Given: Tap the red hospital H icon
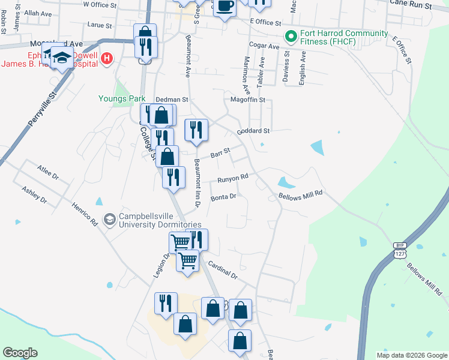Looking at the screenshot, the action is click(x=107, y=58).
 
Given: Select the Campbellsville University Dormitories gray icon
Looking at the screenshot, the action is click(x=110, y=220).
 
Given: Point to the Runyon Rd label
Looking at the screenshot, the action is click(x=232, y=178).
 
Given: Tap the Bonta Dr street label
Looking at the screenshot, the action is click(x=224, y=196).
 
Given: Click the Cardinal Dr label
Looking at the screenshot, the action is click(x=223, y=271).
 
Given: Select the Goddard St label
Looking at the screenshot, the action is click(x=254, y=130).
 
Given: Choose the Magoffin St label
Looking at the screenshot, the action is click(x=247, y=100).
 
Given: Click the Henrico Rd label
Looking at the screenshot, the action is click(x=86, y=212).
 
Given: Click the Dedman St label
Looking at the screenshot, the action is click(x=172, y=100).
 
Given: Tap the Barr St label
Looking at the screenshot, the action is click(x=220, y=154).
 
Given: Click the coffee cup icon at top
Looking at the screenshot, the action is click(x=224, y=7).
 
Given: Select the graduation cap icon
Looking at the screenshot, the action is click(x=62, y=58).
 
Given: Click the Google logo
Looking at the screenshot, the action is click(x=20, y=353).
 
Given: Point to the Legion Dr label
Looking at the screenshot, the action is click(x=158, y=264).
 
